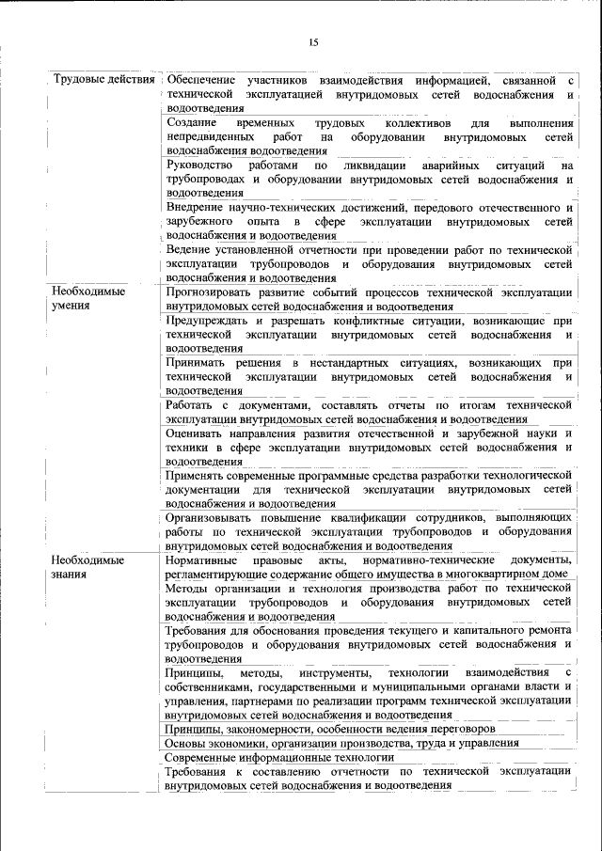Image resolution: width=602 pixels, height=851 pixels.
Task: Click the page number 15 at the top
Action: [x=313, y=42]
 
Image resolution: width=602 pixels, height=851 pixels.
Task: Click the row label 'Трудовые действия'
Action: [x=103, y=78]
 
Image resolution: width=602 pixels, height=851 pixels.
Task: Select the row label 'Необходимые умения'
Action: [x=89, y=299]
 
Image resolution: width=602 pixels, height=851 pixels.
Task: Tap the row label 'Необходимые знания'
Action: [x=89, y=566]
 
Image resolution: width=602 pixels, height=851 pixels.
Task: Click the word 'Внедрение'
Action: [x=195, y=207]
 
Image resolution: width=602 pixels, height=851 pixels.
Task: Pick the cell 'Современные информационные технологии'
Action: [x=278, y=757]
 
